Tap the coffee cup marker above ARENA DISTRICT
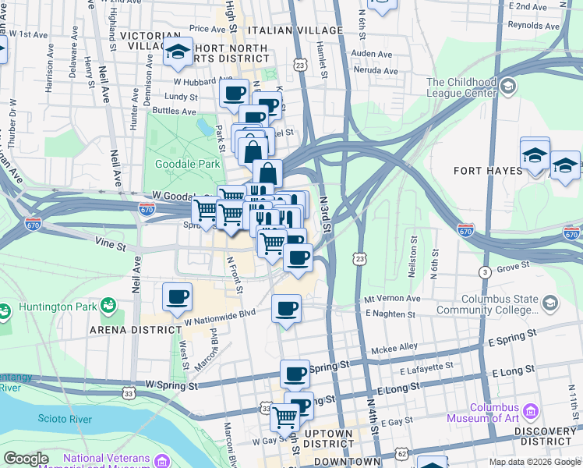[178, 297]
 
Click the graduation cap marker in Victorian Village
[178, 53]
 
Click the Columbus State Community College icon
[550, 303]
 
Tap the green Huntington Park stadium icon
[108, 306]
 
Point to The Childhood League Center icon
[509, 85]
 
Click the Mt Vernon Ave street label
[392, 299]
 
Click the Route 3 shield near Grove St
[485, 271]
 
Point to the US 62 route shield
[401, 452]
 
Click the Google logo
[26, 459]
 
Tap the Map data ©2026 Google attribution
[534, 462]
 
